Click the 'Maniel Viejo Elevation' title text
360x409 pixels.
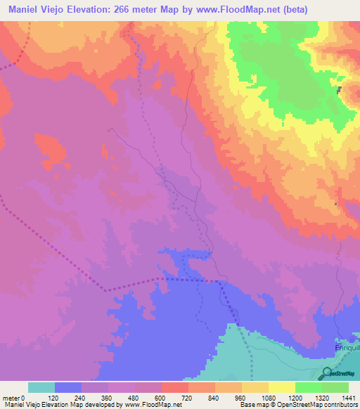[61, 11]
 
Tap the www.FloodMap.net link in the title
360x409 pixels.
[242, 11]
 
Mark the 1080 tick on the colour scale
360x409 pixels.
[269, 398]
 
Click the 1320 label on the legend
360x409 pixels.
[322, 398]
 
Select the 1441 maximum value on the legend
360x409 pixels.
[348, 398]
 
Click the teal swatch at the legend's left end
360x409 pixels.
[41, 387]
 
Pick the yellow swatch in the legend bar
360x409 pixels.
[282, 387]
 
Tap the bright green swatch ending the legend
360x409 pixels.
[335, 387]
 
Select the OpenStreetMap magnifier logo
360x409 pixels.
[328, 373]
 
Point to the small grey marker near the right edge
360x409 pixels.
[340, 89]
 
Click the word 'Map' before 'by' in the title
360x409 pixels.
[179, 11]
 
